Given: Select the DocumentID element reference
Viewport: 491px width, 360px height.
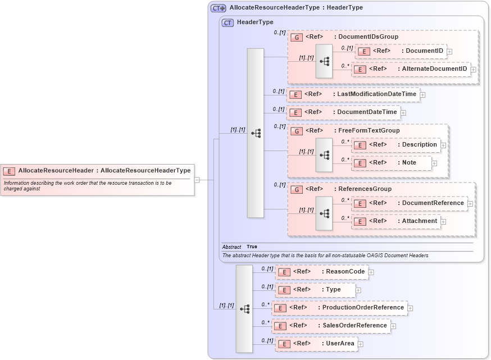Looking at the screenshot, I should tap(401, 52).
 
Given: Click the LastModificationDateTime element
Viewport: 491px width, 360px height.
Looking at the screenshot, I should tap(353, 94).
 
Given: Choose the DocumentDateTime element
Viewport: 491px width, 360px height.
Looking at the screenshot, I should tap(343, 112).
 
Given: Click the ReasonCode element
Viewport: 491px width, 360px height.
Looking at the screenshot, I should tap(321, 272).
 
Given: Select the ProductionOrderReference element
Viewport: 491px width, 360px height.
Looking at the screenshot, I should tap(339, 308).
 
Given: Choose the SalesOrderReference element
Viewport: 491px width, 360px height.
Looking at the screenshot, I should tap(331, 326).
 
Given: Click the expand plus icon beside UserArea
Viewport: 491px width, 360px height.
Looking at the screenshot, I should tap(361, 344).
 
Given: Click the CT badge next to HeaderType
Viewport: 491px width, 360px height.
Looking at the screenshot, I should tap(228, 23).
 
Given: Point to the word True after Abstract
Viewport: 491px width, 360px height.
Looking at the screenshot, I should tap(252, 247).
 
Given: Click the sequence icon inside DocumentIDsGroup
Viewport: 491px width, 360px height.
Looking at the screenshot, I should tap(324, 60).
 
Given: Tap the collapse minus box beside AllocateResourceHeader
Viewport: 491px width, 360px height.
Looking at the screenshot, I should tap(197, 180).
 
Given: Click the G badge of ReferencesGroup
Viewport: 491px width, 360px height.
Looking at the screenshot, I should tap(297, 190).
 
